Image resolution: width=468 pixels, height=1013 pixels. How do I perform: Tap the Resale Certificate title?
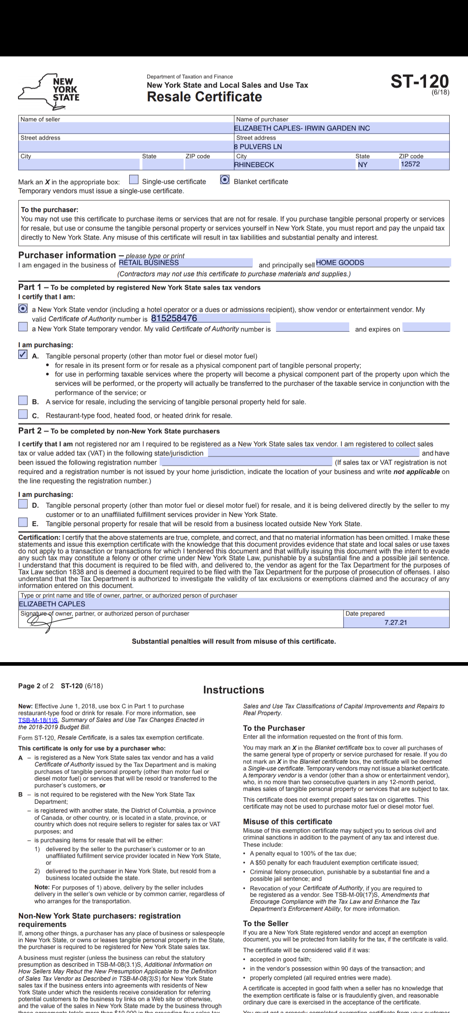click(x=204, y=97)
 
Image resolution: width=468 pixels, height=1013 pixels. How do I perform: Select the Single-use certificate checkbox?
click(x=134, y=180)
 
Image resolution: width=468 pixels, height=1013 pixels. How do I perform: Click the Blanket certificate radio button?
click(x=225, y=180)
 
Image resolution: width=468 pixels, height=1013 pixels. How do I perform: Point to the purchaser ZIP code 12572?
click(x=410, y=164)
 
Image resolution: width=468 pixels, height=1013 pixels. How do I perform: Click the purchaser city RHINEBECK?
click(x=254, y=164)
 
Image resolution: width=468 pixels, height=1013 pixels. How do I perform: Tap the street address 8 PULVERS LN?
click(x=258, y=146)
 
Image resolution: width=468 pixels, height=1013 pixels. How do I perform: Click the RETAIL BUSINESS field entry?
click(x=149, y=262)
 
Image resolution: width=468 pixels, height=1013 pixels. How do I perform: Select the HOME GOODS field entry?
click(x=340, y=262)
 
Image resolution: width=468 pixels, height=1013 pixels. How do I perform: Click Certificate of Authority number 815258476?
click(x=174, y=318)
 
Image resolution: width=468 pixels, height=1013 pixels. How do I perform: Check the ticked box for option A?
click(x=23, y=354)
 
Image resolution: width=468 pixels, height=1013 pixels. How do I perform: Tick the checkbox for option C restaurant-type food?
click(x=23, y=414)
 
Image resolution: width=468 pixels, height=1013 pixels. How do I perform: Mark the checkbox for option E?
click(x=23, y=522)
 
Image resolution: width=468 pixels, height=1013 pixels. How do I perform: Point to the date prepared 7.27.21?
click(x=395, y=623)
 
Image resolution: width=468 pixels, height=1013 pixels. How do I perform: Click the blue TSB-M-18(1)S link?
click(x=38, y=720)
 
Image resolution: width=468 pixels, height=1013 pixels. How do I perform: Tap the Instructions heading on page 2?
click(x=234, y=690)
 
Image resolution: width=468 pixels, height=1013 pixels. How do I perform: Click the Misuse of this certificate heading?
click(x=288, y=821)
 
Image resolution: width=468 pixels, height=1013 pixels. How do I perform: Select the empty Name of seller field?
click(x=126, y=128)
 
